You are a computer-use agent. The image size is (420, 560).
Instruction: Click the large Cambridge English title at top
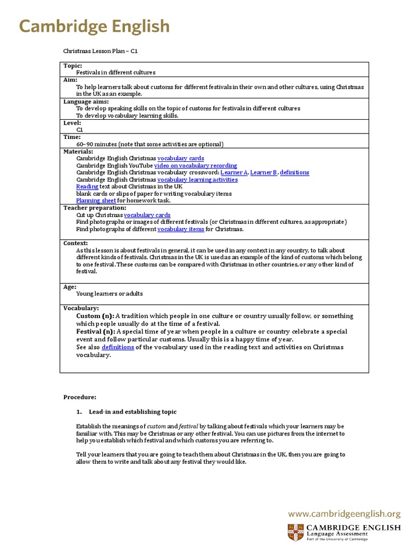(94, 26)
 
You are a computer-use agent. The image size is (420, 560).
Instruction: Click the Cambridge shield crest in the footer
(294, 532)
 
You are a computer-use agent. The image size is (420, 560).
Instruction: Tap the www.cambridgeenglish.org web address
(344, 514)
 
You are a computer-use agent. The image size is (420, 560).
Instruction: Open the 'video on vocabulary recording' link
(195, 166)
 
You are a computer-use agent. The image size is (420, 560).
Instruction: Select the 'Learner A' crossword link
(234, 173)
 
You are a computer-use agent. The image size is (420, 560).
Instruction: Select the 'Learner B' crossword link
(264, 173)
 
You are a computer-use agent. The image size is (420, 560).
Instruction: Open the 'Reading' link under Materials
(87, 186)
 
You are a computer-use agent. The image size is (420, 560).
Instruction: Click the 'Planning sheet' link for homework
(96, 201)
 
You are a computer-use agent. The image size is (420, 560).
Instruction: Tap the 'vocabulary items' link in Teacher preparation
(180, 229)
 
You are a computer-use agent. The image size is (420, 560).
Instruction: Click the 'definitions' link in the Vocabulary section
(118, 347)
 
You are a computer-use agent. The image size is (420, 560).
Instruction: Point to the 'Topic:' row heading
(73, 66)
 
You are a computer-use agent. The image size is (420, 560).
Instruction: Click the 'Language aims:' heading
(86, 102)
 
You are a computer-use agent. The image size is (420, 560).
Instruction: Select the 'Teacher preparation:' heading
(95, 208)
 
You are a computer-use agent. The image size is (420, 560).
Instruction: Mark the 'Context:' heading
(75, 243)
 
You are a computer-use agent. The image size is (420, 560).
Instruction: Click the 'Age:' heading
(69, 287)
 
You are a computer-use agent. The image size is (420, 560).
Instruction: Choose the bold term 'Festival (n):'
(96, 331)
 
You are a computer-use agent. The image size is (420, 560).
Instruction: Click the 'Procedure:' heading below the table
(80, 397)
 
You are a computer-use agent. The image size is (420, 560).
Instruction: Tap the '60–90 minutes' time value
(98, 144)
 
